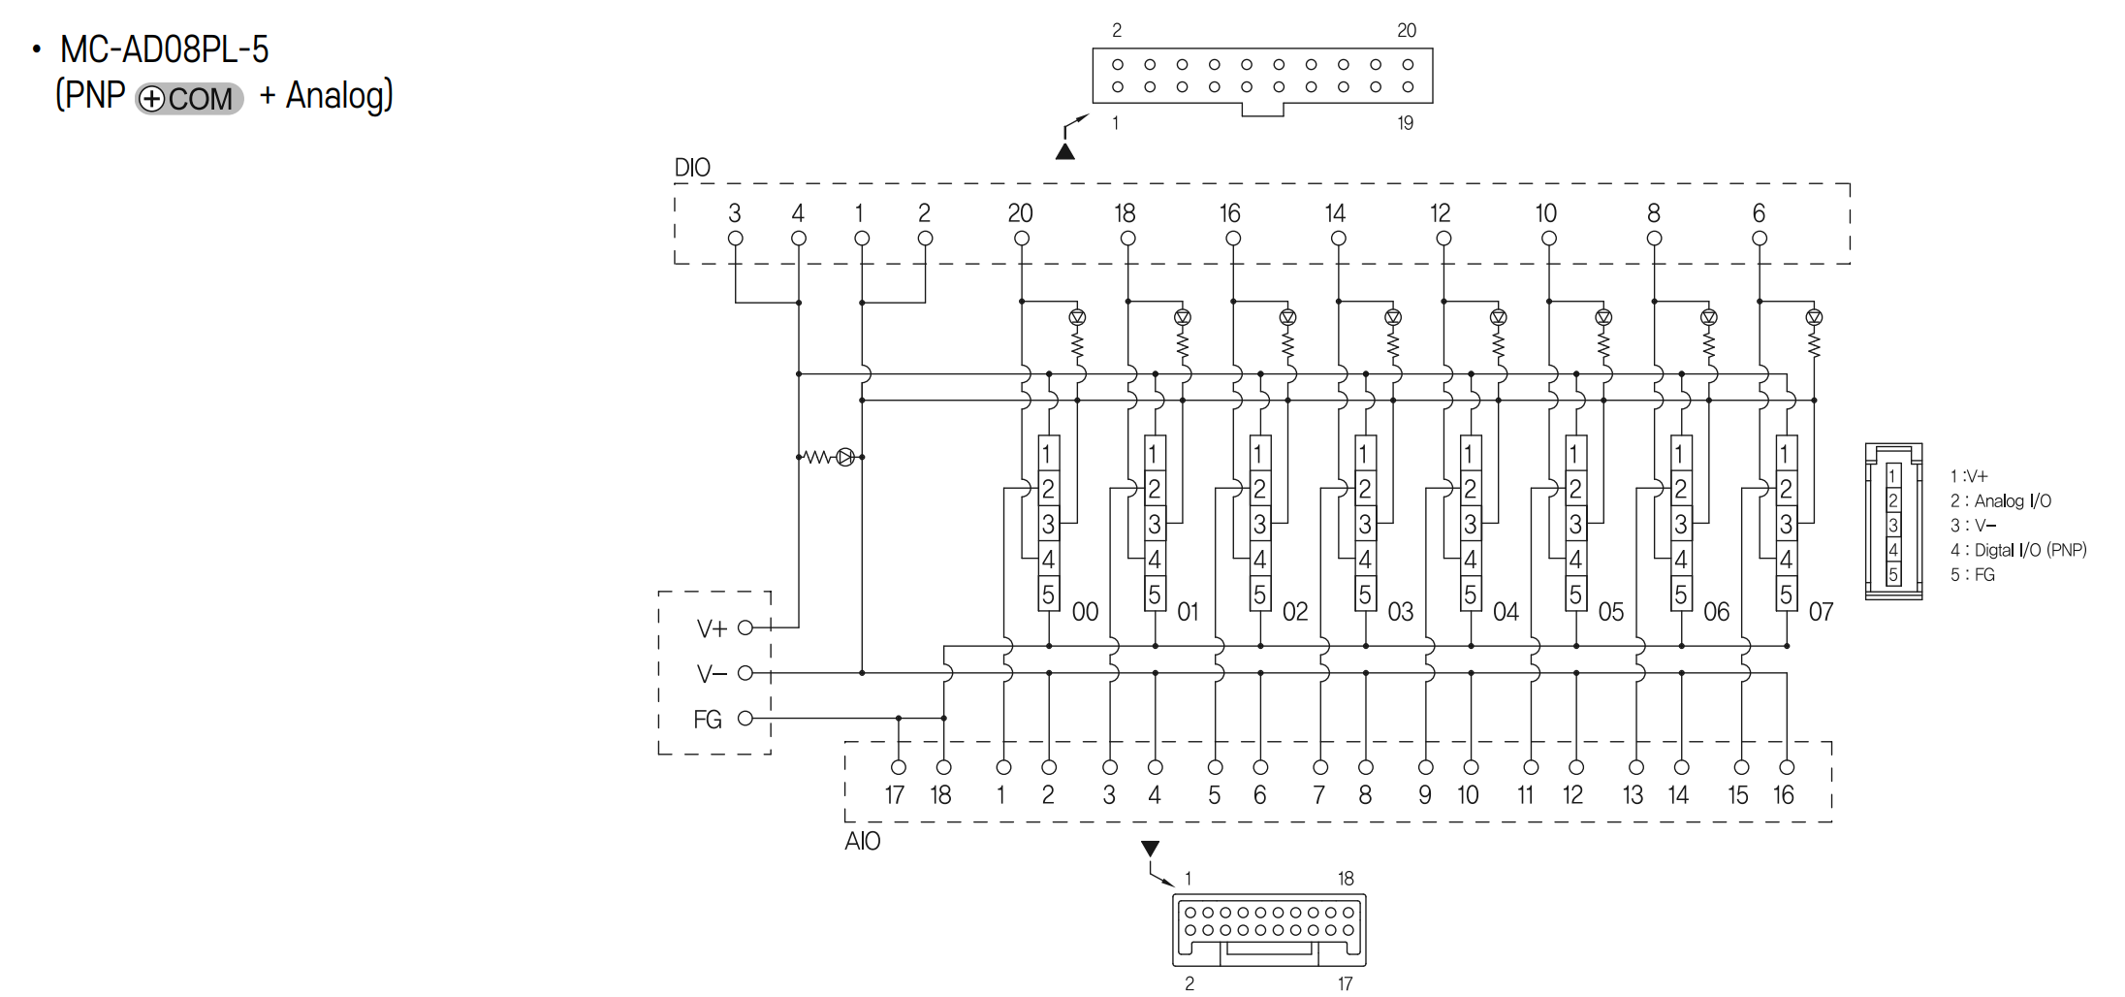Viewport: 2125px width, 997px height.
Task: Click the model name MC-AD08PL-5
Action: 164,49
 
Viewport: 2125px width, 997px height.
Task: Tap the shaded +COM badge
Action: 189,99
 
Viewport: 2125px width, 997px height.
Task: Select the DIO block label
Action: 692,168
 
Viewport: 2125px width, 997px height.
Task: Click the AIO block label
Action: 862,841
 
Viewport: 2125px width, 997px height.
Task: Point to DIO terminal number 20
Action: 1020,213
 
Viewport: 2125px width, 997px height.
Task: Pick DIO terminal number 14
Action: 1335,213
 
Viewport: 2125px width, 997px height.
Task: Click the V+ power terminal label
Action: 712,629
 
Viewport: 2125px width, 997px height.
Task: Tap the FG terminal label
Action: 708,720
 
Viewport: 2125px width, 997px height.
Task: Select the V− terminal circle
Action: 745,673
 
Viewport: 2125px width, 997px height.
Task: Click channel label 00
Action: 1085,612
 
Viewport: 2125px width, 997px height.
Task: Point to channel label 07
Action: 1821,612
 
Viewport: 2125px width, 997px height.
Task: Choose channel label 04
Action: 1506,612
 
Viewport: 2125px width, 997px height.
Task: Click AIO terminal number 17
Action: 895,795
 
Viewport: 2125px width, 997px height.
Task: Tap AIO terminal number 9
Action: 1425,795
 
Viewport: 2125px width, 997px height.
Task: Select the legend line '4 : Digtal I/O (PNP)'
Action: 2018,550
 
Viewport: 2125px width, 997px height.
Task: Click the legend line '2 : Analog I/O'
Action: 2001,501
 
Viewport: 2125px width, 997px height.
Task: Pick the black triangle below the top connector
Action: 1065,151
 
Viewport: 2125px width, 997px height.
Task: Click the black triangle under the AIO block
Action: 1151,849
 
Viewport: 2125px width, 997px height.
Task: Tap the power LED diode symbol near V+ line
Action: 845,457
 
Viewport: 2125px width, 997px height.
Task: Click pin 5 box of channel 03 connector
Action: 1364,594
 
